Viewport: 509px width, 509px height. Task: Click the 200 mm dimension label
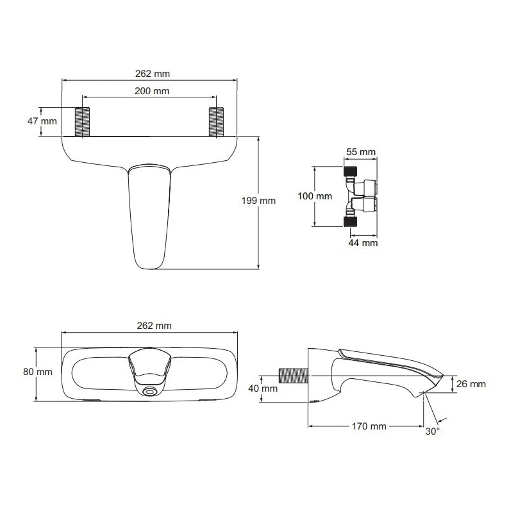click(152, 91)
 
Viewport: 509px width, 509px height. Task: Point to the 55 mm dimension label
click(361, 152)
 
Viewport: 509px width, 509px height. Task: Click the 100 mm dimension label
click(316, 196)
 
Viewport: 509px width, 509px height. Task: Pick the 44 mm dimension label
click(363, 242)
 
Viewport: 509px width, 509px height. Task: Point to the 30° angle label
click(433, 431)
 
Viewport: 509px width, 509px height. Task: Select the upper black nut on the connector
click(348, 172)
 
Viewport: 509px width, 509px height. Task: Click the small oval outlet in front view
click(150, 391)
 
